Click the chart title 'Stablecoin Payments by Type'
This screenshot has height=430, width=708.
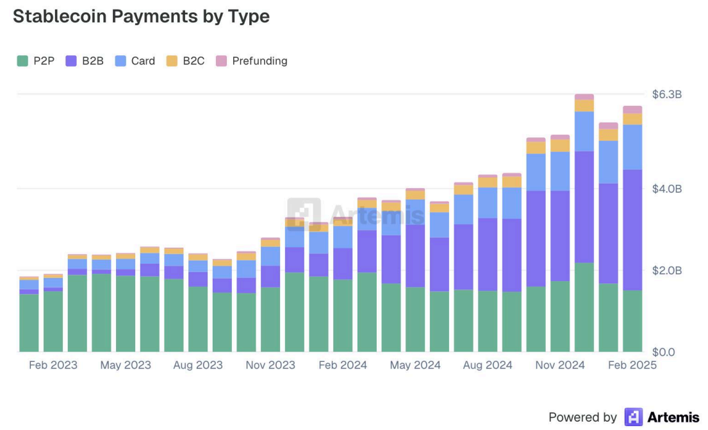click(x=141, y=17)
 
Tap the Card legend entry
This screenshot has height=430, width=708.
click(x=135, y=61)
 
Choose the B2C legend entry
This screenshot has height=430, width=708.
click(x=186, y=61)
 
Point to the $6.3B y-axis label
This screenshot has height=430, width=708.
click(x=666, y=94)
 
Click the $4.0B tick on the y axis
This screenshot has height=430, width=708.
click(x=666, y=189)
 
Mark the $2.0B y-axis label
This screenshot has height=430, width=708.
click(x=666, y=270)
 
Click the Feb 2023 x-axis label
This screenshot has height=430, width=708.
click(x=53, y=365)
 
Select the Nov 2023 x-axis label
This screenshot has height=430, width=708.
click(x=270, y=365)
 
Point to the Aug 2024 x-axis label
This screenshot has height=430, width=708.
click(x=488, y=365)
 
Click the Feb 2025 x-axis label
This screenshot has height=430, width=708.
click(x=632, y=365)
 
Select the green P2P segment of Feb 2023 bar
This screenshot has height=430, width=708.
click(x=53, y=321)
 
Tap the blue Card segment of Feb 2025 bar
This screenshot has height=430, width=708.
click(x=632, y=147)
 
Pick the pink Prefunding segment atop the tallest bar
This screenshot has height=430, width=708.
click(x=584, y=97)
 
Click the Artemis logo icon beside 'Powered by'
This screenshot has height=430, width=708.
click(x=633, y=417)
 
